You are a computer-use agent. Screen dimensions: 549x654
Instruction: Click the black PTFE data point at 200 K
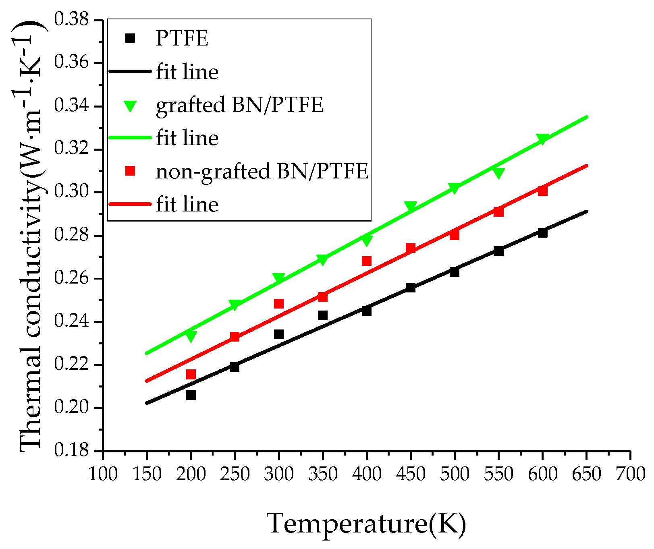click(191, 395)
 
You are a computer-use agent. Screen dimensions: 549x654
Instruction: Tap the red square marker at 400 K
click(367, 261)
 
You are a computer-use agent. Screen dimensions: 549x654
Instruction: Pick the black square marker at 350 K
click(323, 315)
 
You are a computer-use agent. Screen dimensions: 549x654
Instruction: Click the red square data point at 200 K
click(191, 374)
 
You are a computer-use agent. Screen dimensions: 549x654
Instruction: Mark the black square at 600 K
click(542, 232)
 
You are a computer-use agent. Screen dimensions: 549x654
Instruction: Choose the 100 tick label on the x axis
click(103, 474)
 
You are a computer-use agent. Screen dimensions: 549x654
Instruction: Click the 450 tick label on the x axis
click(410, 474)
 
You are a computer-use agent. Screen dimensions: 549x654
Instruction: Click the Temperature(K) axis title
click(366, 524)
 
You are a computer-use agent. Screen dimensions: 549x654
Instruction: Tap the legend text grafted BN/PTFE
click(239, 105)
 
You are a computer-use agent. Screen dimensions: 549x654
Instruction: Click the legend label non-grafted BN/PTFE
click(262, 171)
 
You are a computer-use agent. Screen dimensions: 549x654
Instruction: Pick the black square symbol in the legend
click(130, 38)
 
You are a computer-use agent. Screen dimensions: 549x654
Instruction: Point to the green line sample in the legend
click(130, 138)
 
